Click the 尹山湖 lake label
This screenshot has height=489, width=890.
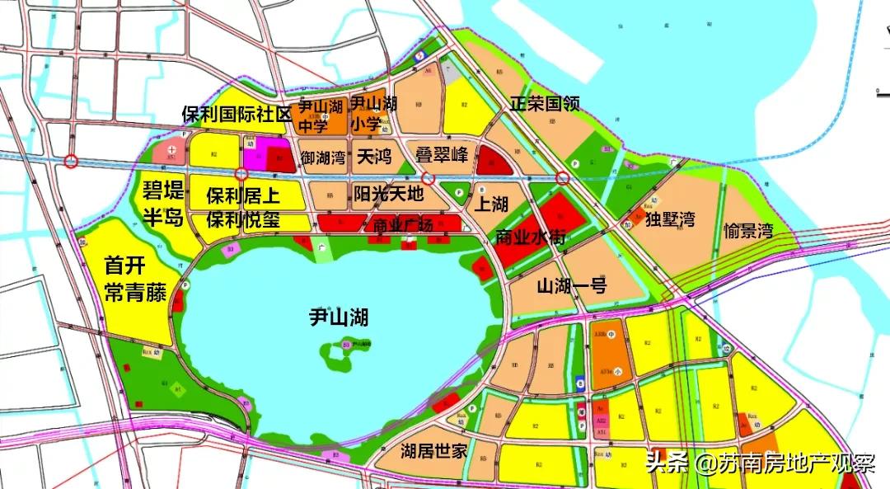point(339,317)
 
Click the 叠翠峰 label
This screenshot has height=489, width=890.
point(441,154)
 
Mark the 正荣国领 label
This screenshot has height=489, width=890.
point(545,105)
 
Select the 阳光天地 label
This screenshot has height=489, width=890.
point(388,195)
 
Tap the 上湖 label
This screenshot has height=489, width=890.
point(492,204)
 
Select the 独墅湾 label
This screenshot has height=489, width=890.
point(670,219)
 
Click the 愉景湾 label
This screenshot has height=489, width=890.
point(748,230)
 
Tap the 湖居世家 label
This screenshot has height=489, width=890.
point(434,451)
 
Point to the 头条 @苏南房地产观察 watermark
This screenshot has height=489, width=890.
point(759,463)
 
